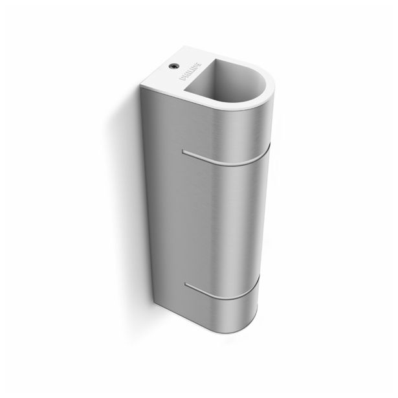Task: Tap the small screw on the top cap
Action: pos(173,65)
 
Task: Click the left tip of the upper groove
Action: pos(184,152)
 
